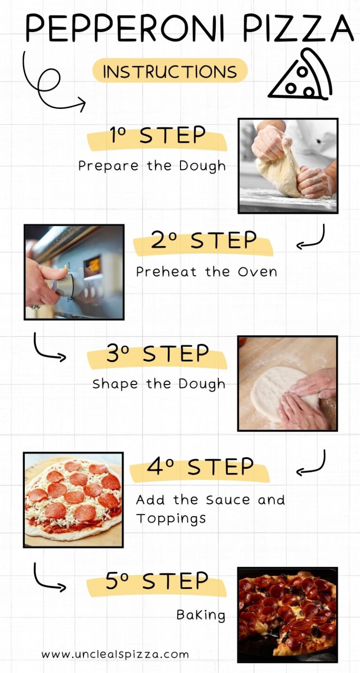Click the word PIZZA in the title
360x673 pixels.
(298, 28)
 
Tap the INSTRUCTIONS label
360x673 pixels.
(170, 72)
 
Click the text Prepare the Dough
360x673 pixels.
(151, 166)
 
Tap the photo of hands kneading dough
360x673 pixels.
(288, 166)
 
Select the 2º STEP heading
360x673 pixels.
(203, 241)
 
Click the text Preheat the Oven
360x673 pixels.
(206, 272)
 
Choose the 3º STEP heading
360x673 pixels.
(157, 354)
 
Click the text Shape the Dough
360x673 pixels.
(158, 384)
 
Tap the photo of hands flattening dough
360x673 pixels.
(287, 383)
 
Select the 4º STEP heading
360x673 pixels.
(200, 467)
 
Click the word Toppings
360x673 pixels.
(171, 519)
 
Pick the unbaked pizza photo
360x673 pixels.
(74, 499)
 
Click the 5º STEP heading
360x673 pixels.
(157, 582)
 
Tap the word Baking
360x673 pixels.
(201, 615)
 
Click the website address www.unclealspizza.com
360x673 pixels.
(115, 654)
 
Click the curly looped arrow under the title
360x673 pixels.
(49, 84)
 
